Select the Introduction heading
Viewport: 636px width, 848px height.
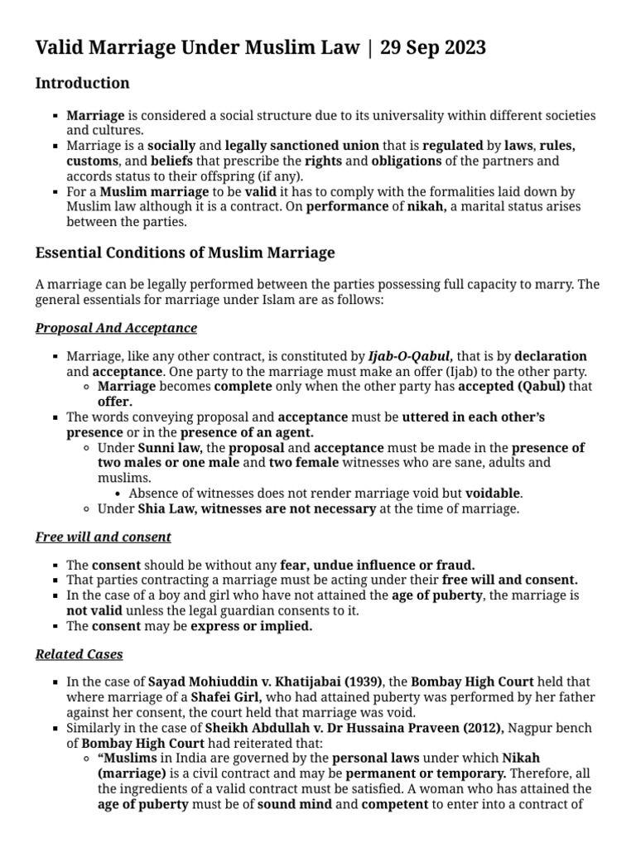point(82,84)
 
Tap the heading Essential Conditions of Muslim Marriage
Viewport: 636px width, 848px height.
point(185,253)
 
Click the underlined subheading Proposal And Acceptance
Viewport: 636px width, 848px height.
point(116,328)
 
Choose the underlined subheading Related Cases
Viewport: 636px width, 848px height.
point(79,654)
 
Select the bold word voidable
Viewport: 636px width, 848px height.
point(493,493)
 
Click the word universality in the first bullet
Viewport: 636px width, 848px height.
point(382,116)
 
